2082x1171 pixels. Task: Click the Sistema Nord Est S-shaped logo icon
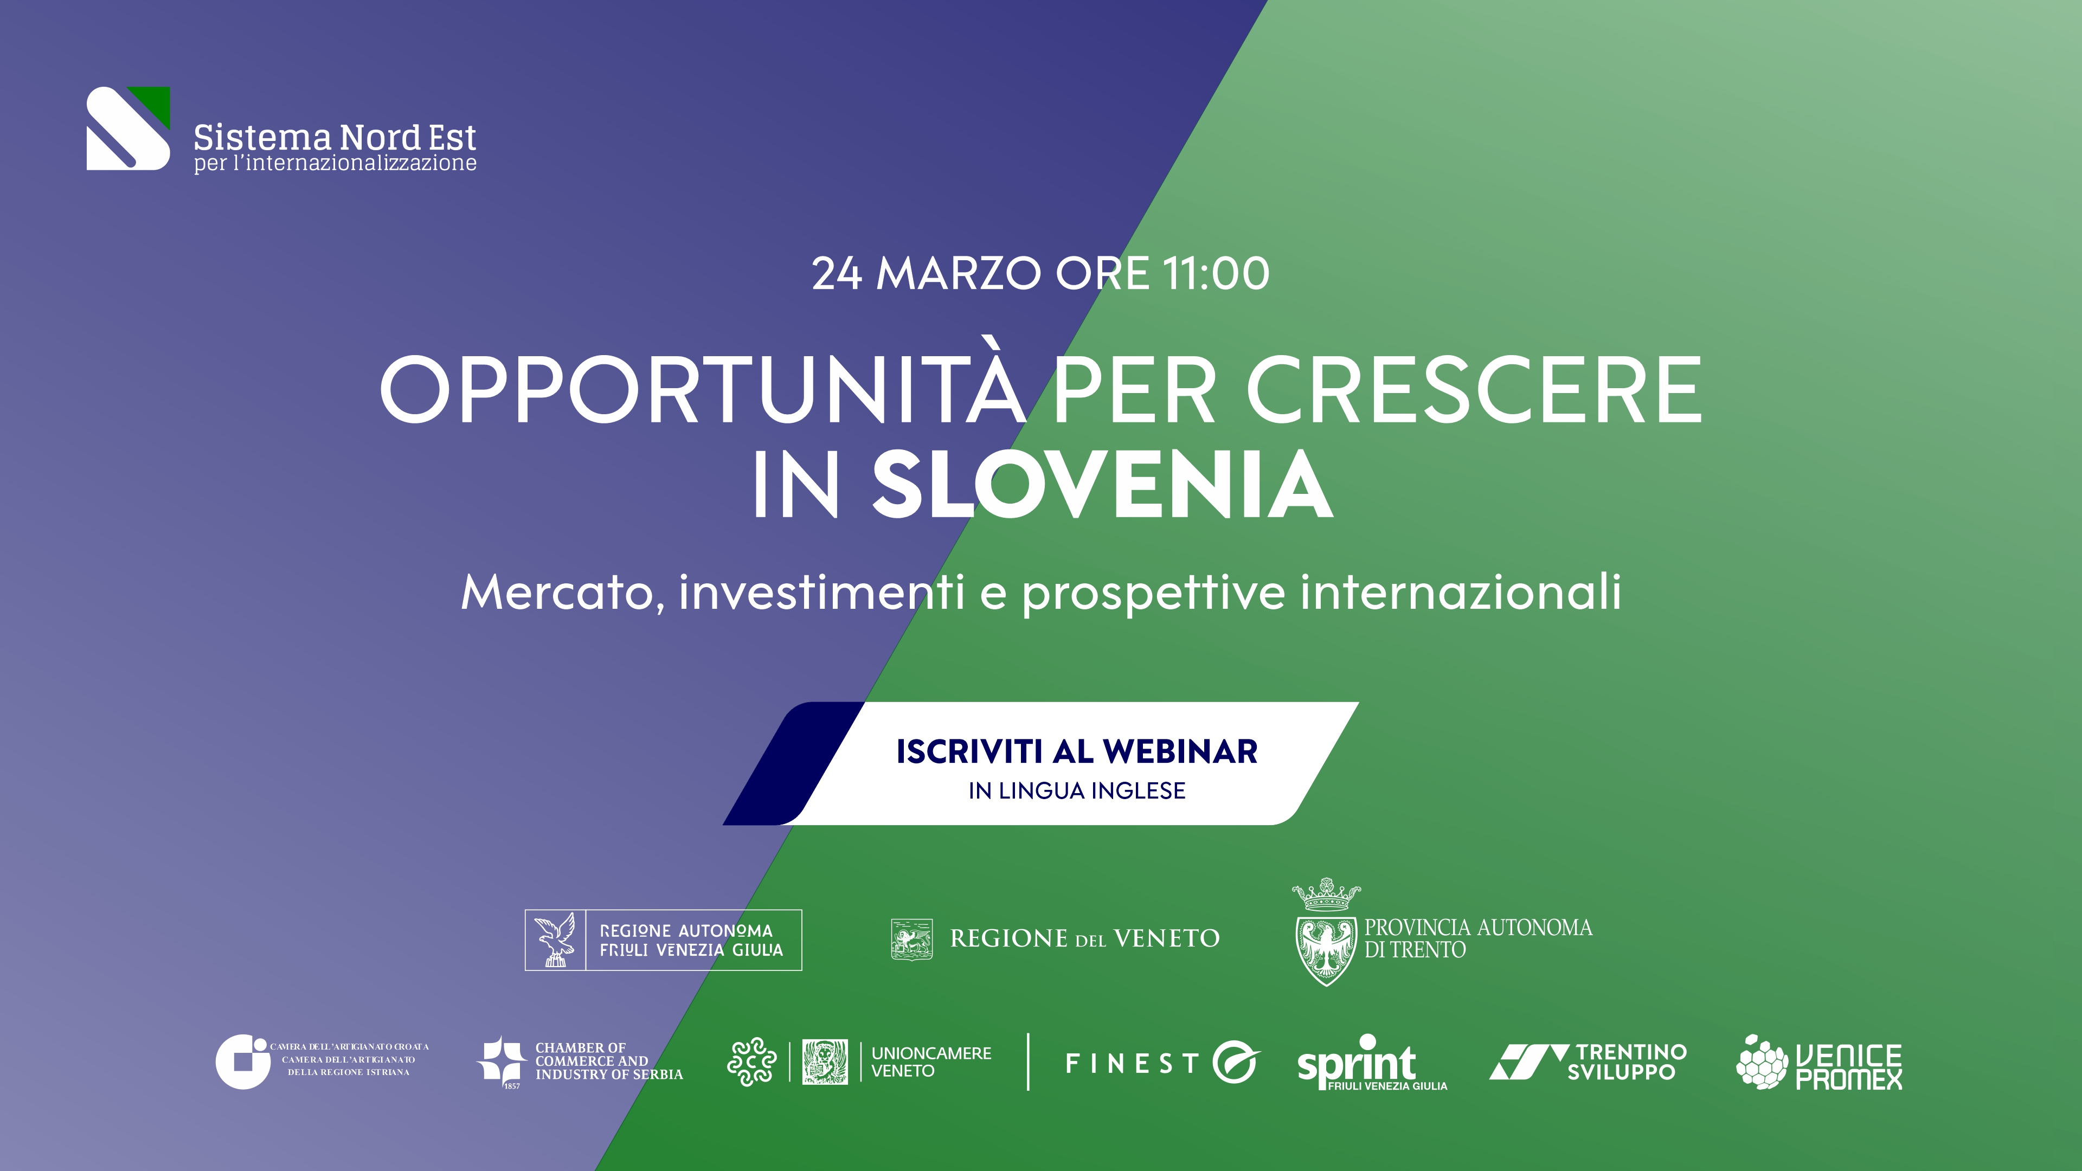point(128,128)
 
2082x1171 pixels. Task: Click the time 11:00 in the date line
point(1216,273)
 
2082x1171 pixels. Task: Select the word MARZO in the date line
point(959,273)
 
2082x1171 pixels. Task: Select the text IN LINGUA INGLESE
point(1077,790)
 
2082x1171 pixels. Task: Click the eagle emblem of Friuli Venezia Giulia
point(555,940)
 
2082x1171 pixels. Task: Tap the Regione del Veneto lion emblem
point(911,939)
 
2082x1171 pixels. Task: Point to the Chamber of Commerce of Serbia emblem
point(501,1060)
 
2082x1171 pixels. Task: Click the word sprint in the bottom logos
point(1355,1061)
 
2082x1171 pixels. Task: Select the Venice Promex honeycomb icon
point(1763,1062)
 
